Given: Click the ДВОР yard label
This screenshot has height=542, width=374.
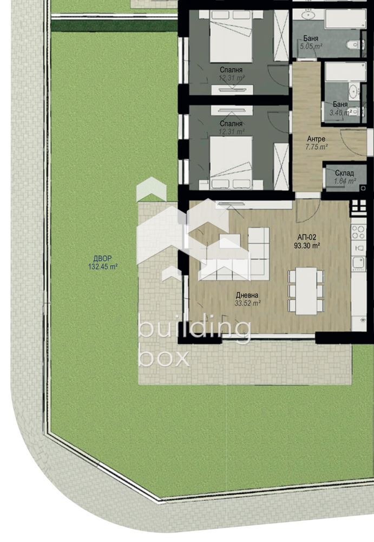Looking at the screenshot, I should click(x=102, y=259).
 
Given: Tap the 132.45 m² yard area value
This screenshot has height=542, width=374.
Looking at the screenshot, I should click(x=102, y=266).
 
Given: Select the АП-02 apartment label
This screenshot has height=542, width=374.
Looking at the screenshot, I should click(x=306, y=237).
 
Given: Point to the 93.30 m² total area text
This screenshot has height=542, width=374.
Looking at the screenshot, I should click(x=307, y=246).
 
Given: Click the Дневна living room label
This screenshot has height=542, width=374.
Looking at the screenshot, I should click(x=247, y=295).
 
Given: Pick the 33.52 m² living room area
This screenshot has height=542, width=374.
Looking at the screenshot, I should click(x=247, y=304).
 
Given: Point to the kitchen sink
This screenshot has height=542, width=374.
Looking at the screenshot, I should click(x=358, y=263).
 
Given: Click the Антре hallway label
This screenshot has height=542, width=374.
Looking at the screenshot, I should click(x=316, y=139).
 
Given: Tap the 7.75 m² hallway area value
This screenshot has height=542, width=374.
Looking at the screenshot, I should click(x=316, y=147).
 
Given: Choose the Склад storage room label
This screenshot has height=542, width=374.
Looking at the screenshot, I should click(x=344, y=173).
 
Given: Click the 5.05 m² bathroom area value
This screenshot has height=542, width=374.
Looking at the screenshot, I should click(x=311, y=47).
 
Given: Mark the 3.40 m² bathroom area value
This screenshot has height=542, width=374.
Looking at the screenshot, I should click(x=341, y=112).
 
